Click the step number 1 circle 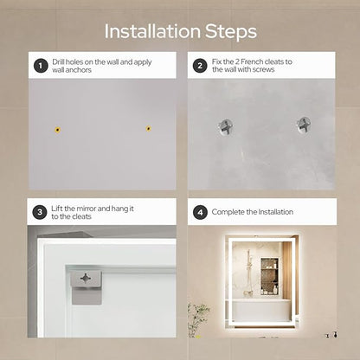coord(41,66)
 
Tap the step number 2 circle coord(200,66)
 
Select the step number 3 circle coord(40,212)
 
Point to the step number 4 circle coord(200,212)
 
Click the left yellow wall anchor coord(58,130)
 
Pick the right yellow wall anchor coord(148,128)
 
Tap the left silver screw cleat coord(226,127)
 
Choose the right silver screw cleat coord(304,125)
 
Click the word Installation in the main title coord(152,31)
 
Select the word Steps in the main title coord(231,32)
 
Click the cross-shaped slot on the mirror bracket coord(86,279)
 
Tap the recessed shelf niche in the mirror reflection coord(269,276)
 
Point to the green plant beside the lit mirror coord(197,319)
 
